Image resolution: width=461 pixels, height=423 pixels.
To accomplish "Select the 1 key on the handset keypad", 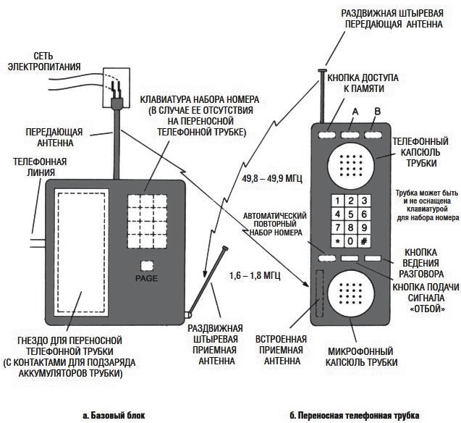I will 337,201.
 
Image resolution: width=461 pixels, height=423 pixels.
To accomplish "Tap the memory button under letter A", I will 350,134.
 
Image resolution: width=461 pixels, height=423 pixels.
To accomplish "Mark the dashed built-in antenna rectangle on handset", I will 318,293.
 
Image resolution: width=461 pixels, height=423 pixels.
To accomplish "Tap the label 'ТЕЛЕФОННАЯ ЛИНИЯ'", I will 34,167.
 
